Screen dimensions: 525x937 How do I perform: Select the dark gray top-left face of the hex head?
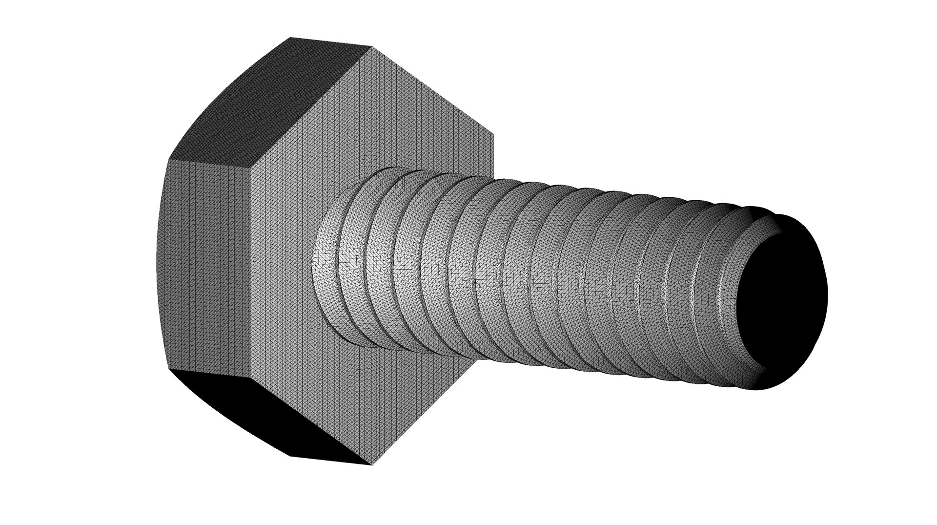[x=264, y=103]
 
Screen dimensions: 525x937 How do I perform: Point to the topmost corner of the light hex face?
[x=372, y=47]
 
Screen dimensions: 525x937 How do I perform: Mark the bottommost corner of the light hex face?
[x=371, y=465]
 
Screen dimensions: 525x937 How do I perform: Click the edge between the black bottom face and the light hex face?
[x=310, y=421]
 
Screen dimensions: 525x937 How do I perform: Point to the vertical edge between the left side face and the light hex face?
[x=251, y=273]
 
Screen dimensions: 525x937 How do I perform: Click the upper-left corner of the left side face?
[x=169, y=159]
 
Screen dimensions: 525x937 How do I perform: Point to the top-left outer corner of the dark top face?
[x=290, y=37]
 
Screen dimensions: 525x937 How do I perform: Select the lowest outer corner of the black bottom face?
[x=291, y=456]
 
